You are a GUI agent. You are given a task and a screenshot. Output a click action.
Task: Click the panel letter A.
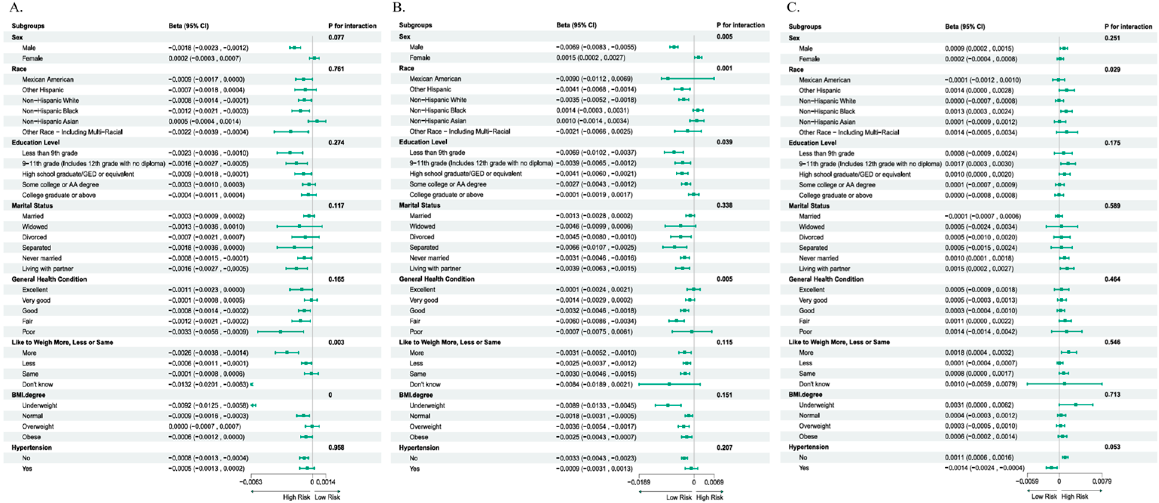click(15, 8)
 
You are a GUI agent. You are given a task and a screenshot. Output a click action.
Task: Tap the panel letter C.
click(793, 8)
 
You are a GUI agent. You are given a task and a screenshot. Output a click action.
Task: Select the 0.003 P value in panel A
click(336, 342)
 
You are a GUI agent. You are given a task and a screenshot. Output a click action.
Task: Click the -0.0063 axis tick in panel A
click(250, 482)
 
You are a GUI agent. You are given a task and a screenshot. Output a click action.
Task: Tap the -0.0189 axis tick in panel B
click(638, 482)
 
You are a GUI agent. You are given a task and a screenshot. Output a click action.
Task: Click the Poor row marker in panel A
click(280, 331)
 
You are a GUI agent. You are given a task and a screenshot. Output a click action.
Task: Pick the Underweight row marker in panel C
click(1075, 405)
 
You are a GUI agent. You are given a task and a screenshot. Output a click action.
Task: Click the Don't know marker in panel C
click(1064, 384)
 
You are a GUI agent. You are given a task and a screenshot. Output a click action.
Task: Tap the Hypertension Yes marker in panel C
click(1052, 468)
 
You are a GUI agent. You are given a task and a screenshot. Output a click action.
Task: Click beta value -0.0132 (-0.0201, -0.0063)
click(208, 384)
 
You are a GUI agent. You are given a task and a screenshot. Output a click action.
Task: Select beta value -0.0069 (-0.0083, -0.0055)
click(596, 47)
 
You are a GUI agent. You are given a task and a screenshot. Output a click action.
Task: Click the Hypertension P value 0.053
click(1112, 447)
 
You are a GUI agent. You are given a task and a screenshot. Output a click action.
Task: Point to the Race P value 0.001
click(724, 68)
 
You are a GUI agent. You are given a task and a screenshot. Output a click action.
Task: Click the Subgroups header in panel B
click(415, 25)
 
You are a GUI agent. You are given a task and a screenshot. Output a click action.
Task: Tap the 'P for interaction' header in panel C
click(1128, 26)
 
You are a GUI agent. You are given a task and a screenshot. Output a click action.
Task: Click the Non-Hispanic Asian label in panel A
click(50, 121)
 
